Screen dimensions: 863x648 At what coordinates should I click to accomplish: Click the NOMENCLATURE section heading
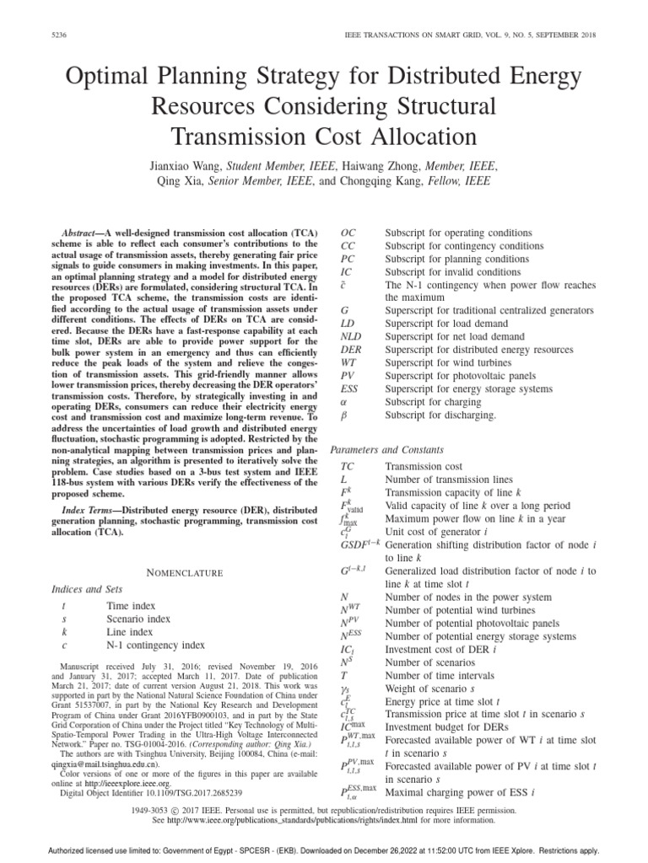(x=173, y=572)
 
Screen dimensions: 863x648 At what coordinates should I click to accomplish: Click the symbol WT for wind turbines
(x=348, y=363)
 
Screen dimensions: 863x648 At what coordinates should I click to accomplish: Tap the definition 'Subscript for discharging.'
(x=440, y=415)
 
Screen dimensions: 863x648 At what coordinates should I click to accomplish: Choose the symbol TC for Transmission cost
(x=348, y=466)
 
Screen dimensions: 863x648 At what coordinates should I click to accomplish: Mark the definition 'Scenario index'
(x=138, y=619)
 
